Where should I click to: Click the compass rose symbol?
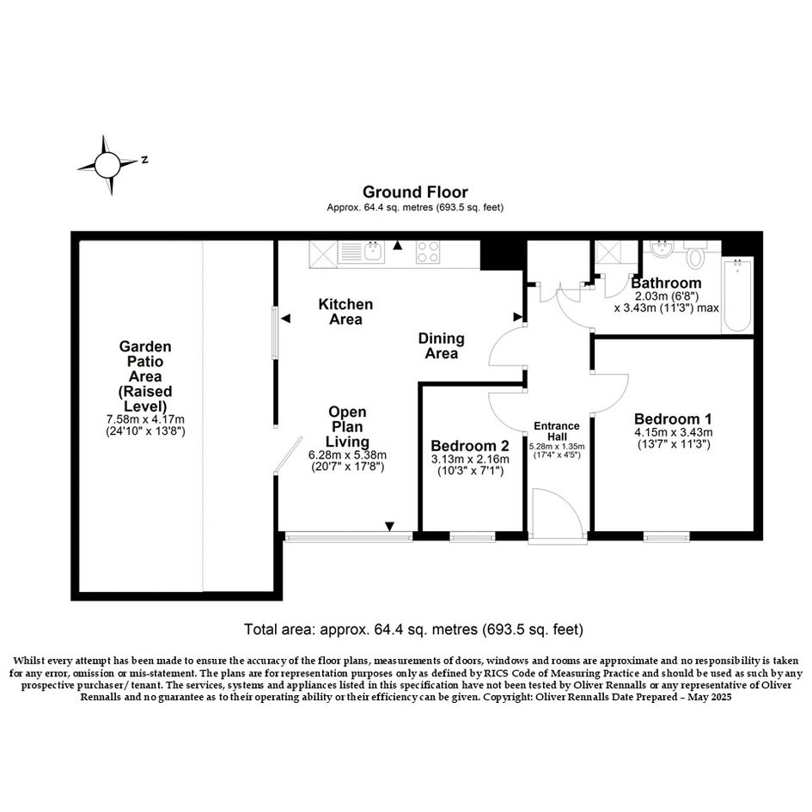pos(107,165)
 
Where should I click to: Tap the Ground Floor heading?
pos(415,192)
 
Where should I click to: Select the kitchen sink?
pos(361,253)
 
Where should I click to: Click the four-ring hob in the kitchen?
pos(428,253)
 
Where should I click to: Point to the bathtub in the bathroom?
pos(736,296)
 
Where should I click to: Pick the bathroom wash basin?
pos(661,248)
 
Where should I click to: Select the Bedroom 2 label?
pos(470,446)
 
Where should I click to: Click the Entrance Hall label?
pos(557,430)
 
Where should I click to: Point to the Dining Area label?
pos(441,346)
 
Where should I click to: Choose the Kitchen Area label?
pos(345,311)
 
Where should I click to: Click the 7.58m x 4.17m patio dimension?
pos(145,419)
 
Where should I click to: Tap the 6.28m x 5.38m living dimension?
pos(347,455)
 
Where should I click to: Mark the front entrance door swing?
pos(559,513)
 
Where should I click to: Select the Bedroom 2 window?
pos(473,538)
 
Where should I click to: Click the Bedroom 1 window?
pos(667,538)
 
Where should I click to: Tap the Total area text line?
pos(414,629)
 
